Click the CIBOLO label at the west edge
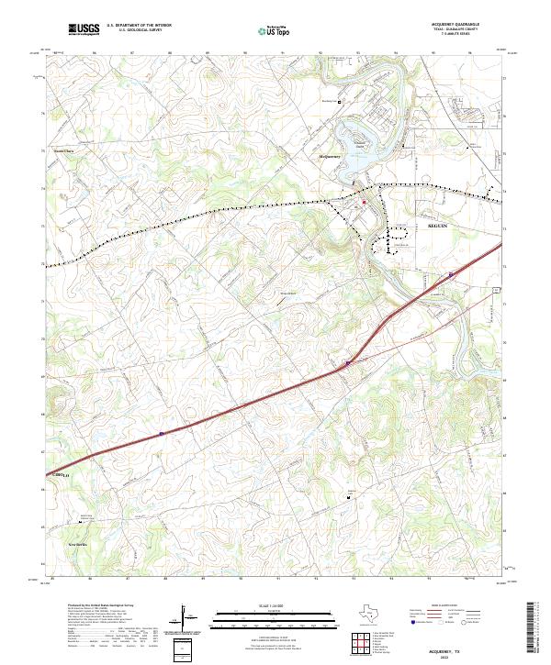[61, 474]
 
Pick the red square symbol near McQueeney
[364, 202]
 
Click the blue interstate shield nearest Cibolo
[162, 434]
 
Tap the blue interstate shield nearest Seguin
[451, 274]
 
